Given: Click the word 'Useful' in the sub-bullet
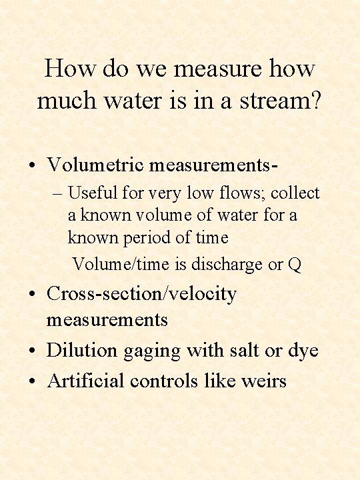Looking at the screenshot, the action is click(92, 193).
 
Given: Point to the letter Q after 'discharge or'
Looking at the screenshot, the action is click(295, 265).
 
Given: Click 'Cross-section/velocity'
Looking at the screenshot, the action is click(141, 294).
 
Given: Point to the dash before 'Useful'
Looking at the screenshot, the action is click(57, 194).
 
